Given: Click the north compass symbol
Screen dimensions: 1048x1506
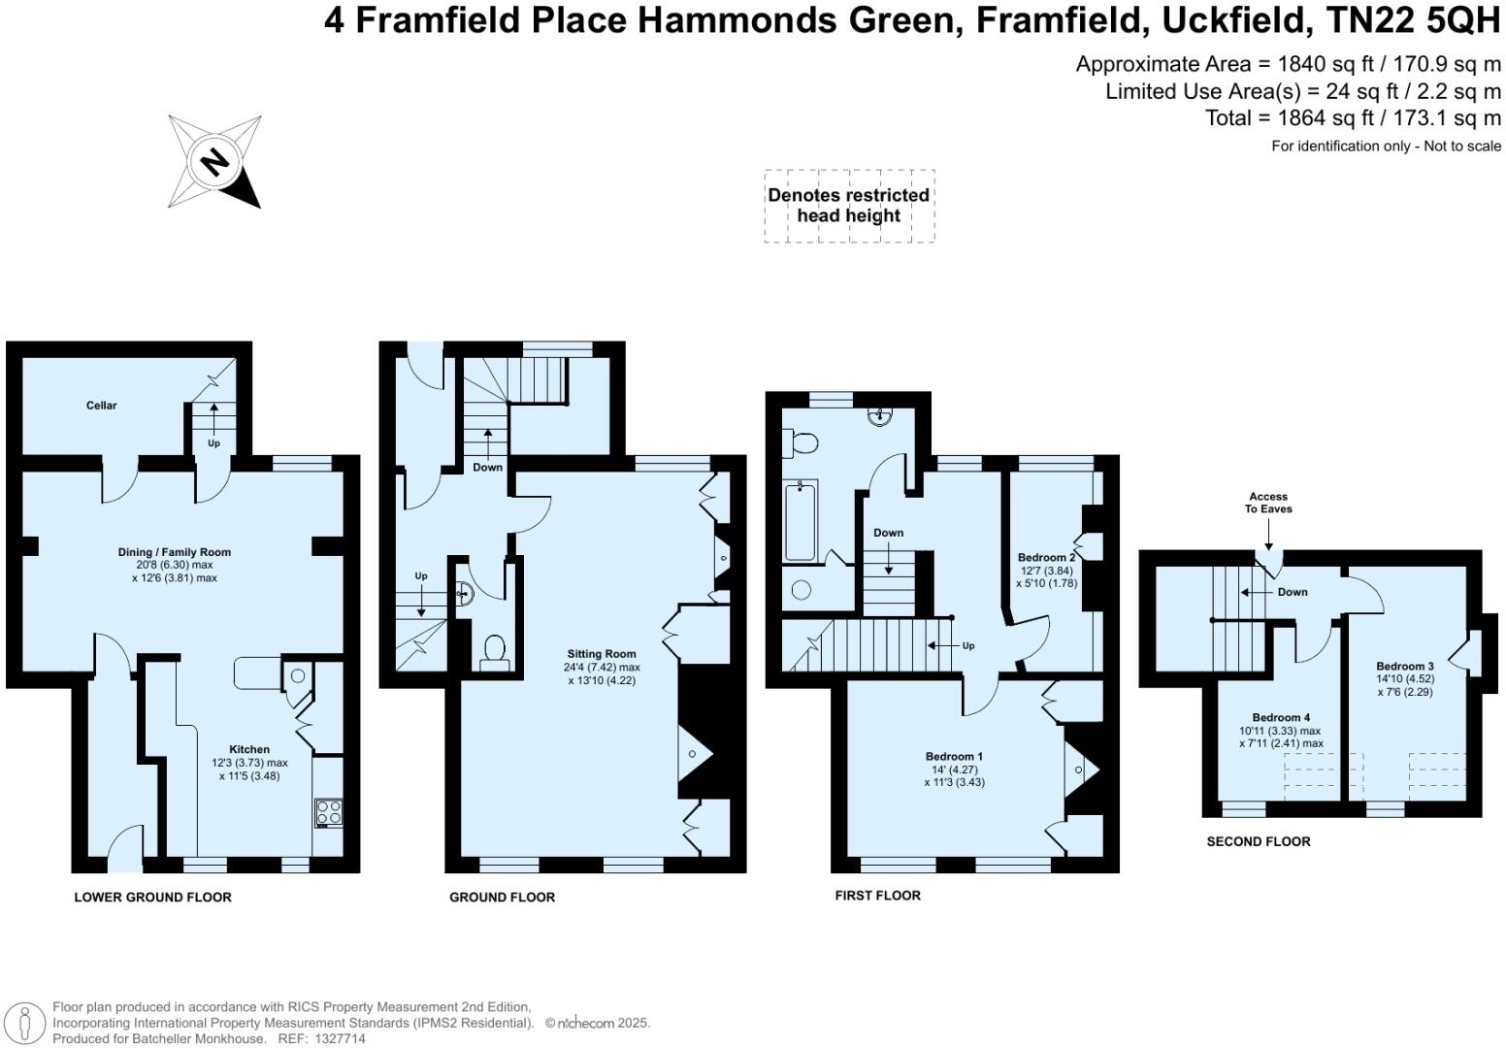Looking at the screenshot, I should coord(214,161).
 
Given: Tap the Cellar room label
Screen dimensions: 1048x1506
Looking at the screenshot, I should coord(101,406).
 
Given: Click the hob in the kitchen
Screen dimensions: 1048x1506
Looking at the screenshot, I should coord(329,812).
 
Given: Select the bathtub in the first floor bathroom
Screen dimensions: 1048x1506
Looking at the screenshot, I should coord(801,520).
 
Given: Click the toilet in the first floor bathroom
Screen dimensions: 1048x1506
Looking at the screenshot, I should coord(802,443).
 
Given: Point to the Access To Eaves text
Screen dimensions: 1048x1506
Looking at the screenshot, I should coord(1268,503).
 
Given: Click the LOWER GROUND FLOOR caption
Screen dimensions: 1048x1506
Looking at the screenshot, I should coord(152,898).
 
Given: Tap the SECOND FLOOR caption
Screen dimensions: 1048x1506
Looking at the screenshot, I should coord(1258,842).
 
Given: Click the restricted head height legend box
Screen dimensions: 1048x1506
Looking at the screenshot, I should coord(849,206).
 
